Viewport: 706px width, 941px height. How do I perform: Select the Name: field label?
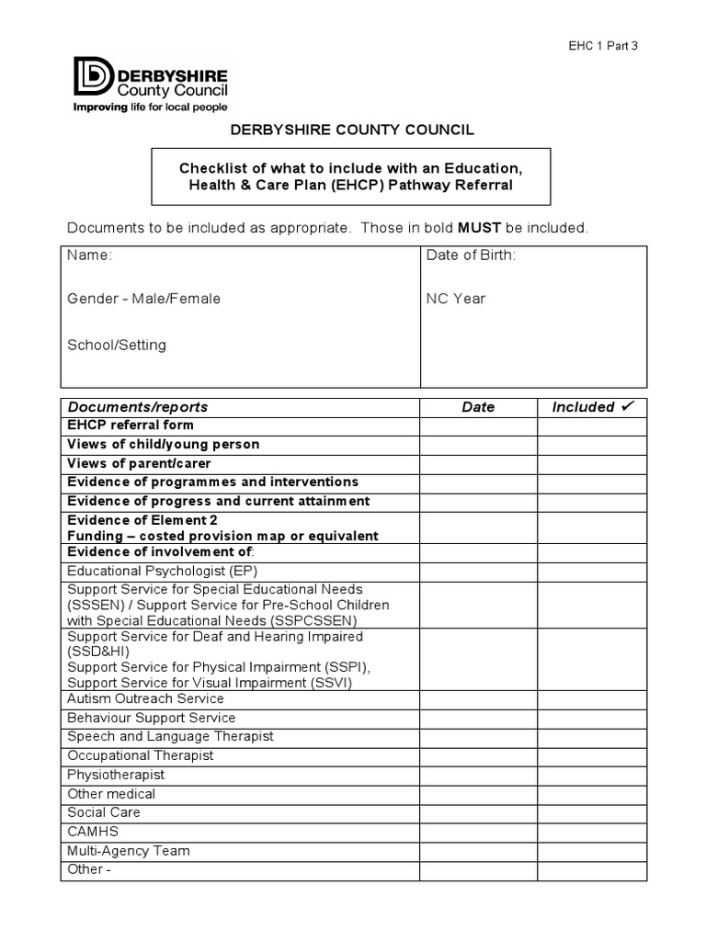[x=89, y=255]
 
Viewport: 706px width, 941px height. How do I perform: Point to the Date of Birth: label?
[x=471, y=255]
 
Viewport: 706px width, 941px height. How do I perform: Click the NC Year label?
[x=456, y=299]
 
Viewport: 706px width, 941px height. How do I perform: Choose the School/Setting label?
[x=117, y=345]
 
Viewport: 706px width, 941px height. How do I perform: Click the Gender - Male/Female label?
[x=143, y=299]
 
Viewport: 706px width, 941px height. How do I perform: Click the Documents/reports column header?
[x=138, y=407]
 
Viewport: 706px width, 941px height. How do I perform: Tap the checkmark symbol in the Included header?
[x=629, y=406]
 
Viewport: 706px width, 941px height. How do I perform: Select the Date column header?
[x=478, y=407]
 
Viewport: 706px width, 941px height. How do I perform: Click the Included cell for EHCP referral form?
[x=592, y=425]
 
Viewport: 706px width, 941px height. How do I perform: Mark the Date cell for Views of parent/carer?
[x=478, y=464]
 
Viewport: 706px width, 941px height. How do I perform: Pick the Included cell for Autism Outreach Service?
[x=592, y=699]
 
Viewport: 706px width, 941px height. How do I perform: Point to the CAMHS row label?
[x=93, y=832]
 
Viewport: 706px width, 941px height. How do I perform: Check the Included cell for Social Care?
[x=592, y=812]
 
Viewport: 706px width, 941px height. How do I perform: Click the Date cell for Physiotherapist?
[x=478, y=775]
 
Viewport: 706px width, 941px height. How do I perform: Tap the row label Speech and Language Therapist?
[x=170, y=736]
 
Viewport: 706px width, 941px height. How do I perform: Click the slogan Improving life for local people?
[x=150, y=107]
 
